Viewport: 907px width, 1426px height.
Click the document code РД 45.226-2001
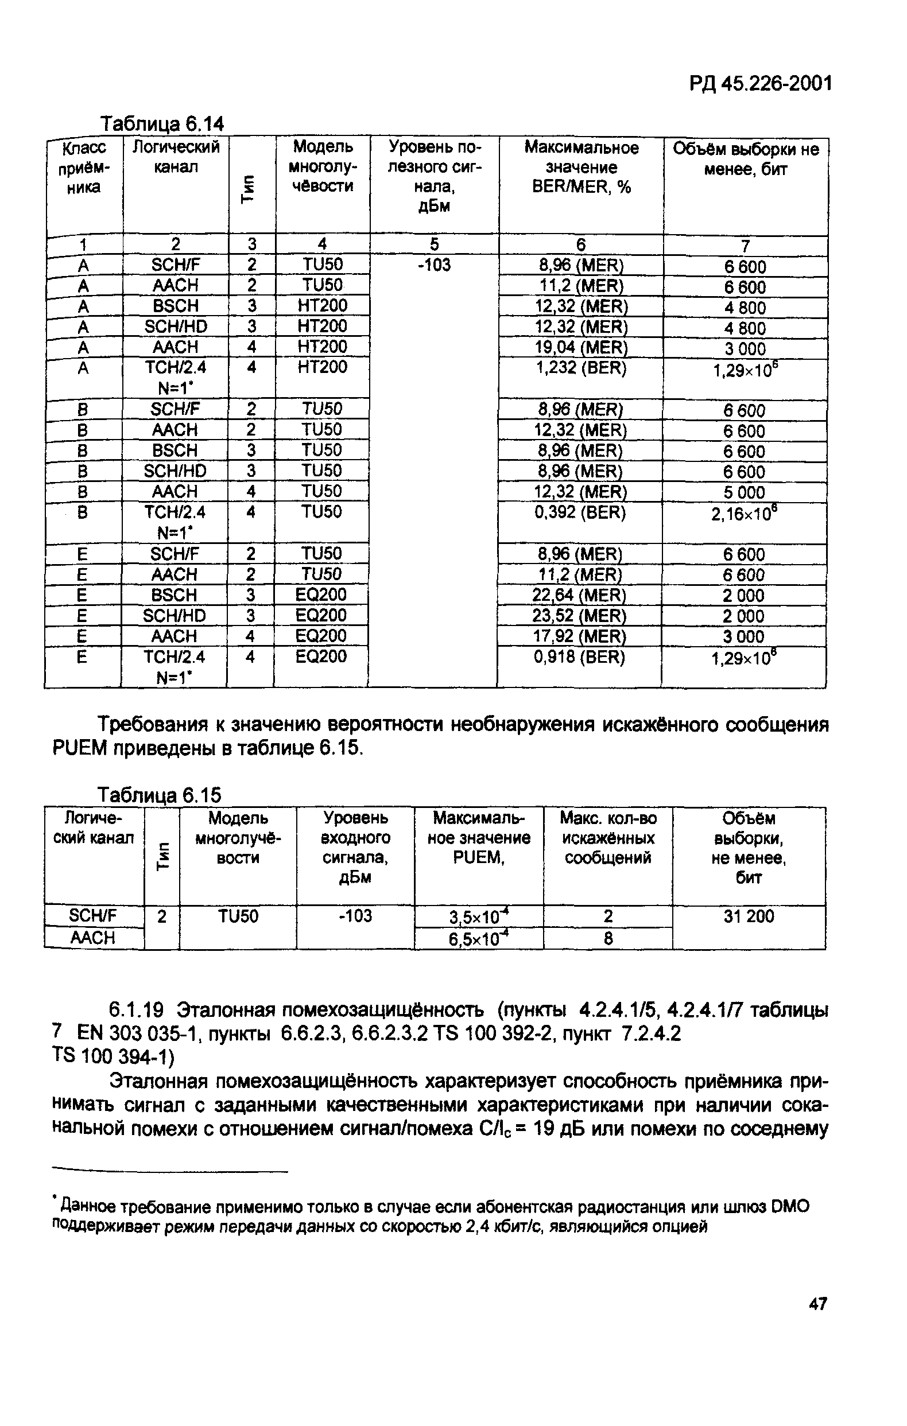761,84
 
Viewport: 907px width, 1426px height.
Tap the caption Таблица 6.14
162,125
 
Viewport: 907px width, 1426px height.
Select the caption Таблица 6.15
160,794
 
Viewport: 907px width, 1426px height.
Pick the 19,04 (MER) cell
580,348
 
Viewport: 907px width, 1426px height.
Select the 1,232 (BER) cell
580,368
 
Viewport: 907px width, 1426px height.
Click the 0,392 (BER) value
580,512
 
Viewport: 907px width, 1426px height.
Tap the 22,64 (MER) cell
579,595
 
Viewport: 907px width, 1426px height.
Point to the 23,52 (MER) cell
579,616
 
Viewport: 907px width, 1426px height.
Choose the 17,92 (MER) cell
579,636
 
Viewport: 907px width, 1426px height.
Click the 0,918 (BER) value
579,657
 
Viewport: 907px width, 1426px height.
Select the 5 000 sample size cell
744,493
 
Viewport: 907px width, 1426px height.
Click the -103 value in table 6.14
434,265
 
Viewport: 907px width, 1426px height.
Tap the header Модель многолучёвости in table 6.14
323,166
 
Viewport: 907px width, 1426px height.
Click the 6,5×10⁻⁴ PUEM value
479,939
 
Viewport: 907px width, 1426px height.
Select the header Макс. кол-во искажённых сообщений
608,838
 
